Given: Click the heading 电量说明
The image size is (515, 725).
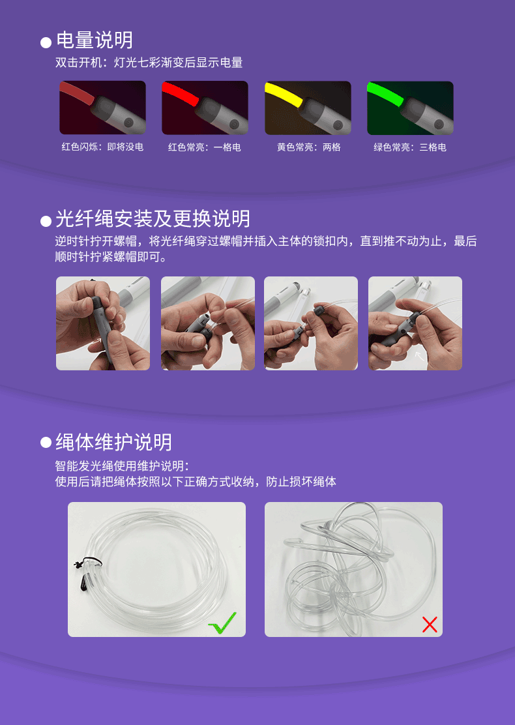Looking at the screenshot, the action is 95,40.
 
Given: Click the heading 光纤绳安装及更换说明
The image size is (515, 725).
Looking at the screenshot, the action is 153,218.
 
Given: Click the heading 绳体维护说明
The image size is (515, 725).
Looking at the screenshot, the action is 113,443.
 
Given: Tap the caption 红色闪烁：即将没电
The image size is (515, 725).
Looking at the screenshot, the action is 102,147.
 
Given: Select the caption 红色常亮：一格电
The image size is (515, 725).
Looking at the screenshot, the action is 204,147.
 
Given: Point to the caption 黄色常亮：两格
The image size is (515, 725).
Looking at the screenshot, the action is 309,147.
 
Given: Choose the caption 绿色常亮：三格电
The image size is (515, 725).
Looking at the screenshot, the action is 410,147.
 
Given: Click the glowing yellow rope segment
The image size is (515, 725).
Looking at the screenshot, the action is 284,93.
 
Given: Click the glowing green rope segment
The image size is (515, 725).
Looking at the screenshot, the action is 385,93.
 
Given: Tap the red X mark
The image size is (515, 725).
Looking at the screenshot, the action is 430,624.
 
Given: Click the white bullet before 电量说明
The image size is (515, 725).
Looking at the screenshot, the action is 46,43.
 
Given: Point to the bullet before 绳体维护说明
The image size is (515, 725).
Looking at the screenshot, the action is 46,443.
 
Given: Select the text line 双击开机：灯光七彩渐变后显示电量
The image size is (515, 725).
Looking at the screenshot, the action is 149,63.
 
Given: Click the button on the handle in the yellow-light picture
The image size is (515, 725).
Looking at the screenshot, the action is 338,125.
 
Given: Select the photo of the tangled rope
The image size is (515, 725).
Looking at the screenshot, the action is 354,569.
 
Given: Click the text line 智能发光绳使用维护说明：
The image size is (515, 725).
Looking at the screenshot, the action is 122,466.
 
